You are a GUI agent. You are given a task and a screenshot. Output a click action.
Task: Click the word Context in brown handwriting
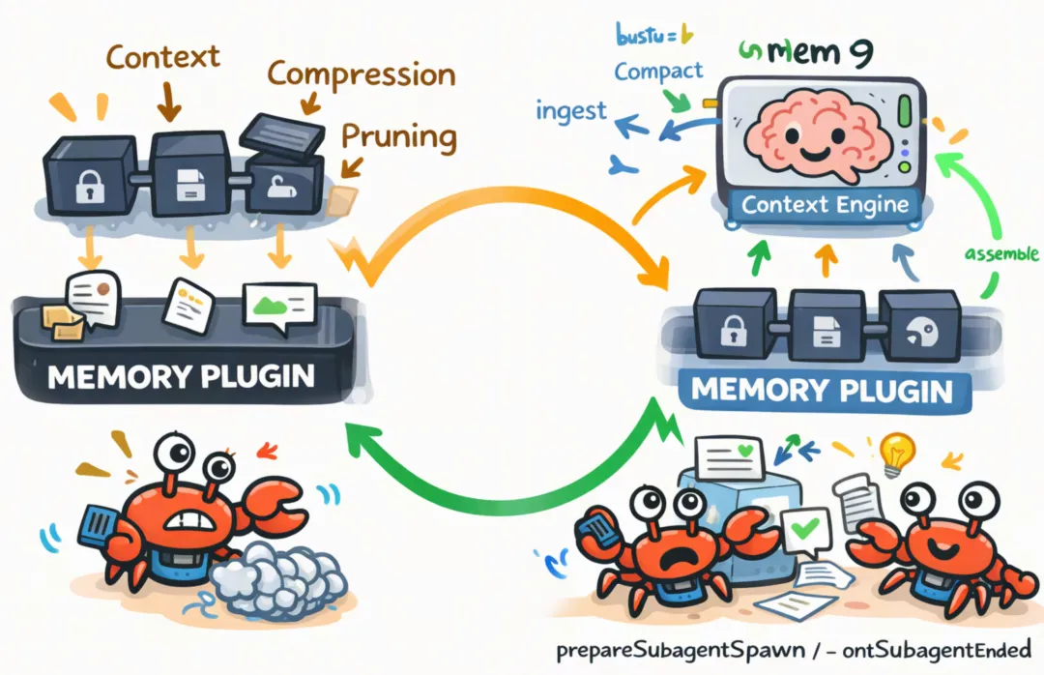(x=163, y=57)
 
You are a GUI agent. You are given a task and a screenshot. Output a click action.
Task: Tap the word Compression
(x=360, y=73)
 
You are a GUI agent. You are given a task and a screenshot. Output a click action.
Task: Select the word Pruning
(x=398, y=136)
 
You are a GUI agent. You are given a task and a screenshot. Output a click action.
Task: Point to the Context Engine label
(x=825, y=205)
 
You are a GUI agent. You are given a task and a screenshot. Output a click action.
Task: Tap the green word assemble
(x=1001, y=256)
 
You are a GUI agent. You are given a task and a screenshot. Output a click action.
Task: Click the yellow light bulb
(x=896, y=450)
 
